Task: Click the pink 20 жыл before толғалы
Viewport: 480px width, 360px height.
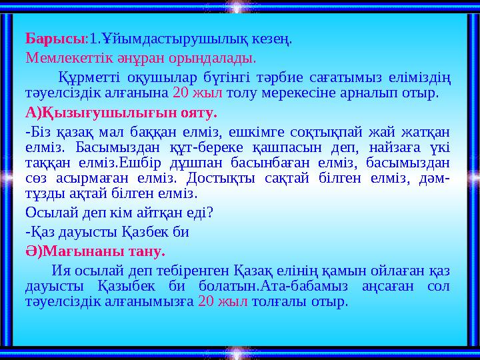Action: [223, 302]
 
